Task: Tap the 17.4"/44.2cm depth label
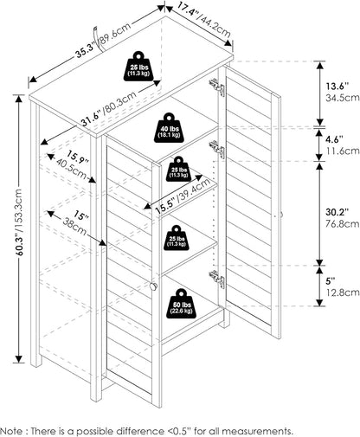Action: pos(203,21)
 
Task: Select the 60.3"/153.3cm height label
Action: pos(19,222)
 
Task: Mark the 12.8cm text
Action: pos(343,292)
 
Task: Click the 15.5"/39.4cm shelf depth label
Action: pos(183,196)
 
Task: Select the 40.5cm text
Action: pos(71,169)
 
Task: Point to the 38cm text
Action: pos(74,226)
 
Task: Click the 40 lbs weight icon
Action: pos(169,128)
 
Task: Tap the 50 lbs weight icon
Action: pos(181,304)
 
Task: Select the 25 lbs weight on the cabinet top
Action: pos(139,66)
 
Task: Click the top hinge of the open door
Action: pos(216,87)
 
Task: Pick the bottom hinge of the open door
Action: pos(216,279)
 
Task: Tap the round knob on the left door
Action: pos(153,286)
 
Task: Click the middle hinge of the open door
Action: pos(216,149)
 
